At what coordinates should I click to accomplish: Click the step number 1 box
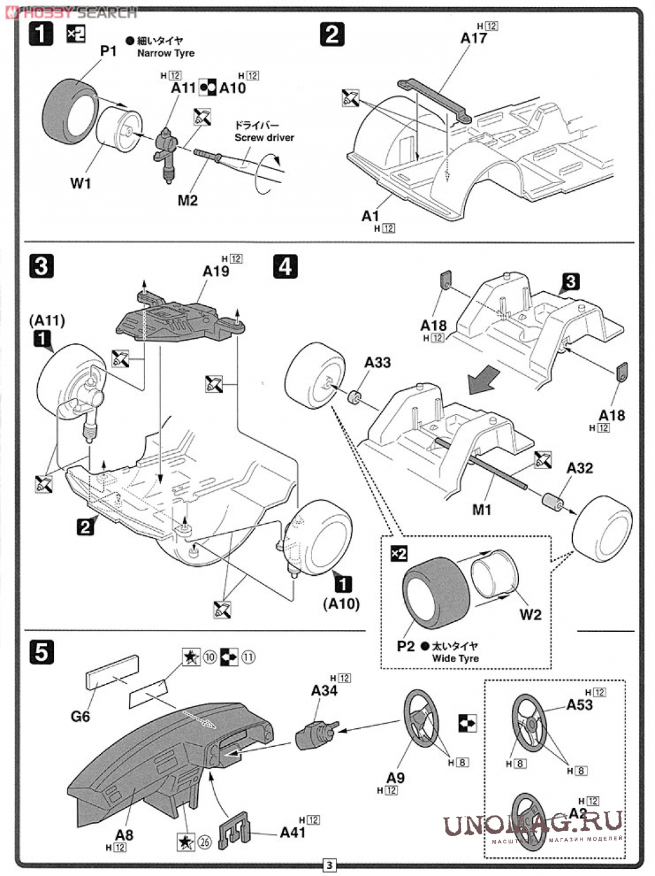pos(41,33)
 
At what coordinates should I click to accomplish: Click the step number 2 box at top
pos(331,34)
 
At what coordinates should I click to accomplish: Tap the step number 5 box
pos(41,652)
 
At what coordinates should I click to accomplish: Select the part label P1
pos(109,51)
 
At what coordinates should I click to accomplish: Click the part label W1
pos(80,184)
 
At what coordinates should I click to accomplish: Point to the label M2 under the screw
pos(188,201)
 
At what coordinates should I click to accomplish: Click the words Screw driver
pos(264,138)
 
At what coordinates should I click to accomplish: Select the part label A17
pos(474,39)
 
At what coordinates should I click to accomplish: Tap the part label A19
pos(216,271)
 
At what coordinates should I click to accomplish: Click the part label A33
pos(378,362)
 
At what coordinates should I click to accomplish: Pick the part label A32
pos(579,468)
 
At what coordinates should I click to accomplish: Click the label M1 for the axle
pos(482,510)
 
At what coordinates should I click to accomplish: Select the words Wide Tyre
pos(455,658)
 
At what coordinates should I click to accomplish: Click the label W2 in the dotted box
pos(530,615)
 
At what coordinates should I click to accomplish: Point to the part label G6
pos(80,716)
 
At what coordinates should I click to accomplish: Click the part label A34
pos(324,690)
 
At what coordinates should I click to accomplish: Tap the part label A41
pos(293,832)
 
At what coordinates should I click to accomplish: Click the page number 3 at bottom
pos(329,865)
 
